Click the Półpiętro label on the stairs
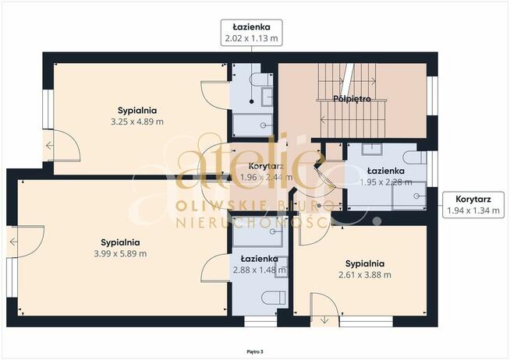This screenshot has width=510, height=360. (352, 98)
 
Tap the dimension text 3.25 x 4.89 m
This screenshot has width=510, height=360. (137, 122)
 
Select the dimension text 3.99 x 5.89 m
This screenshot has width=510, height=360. (120, 254)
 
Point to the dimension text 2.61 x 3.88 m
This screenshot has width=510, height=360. (365, 275)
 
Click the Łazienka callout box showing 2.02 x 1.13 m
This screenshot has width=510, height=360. (251, 33)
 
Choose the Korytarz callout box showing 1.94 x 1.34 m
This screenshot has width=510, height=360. (473, 205)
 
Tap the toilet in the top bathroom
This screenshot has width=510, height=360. (261, 79)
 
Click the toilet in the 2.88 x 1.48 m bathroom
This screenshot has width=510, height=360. (274, 298)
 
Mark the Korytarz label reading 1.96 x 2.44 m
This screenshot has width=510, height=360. (266, 172)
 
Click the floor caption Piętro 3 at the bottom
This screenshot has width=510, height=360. (255, 351)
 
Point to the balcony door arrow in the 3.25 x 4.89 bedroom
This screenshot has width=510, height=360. (49, 146)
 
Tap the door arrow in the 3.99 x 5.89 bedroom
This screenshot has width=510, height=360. (13, 242)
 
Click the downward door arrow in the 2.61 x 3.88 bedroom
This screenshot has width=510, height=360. (324, 320)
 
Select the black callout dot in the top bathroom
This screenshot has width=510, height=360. (251, 102)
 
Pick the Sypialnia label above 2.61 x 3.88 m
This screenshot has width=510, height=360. (365, 263)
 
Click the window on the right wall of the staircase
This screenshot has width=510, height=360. (432, 96)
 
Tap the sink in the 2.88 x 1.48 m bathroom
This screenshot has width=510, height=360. (282, 267)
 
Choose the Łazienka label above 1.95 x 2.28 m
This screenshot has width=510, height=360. (386, 171)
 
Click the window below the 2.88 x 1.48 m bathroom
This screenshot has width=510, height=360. (260, 321)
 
